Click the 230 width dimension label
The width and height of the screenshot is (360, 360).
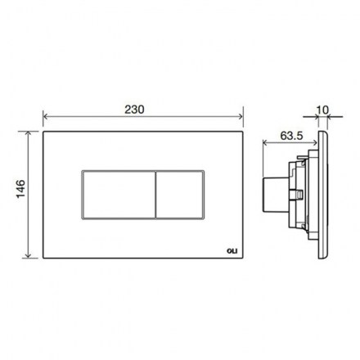(x=134, y=110)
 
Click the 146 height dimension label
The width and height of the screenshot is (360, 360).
(x=20, y=189)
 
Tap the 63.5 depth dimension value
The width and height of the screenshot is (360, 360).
(x=291, y=136)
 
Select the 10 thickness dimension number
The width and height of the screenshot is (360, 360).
(x=322, y=110)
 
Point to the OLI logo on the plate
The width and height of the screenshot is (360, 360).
(x=232, y=251)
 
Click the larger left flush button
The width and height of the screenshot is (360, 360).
(x=119, y=195)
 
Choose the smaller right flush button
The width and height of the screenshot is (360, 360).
(x=180, y=195)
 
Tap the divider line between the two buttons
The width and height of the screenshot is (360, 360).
(x=155, y=195)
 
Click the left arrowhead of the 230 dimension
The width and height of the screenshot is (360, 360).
(x=46, y=117)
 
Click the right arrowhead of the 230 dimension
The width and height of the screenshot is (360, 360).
(x=241, y=117)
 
